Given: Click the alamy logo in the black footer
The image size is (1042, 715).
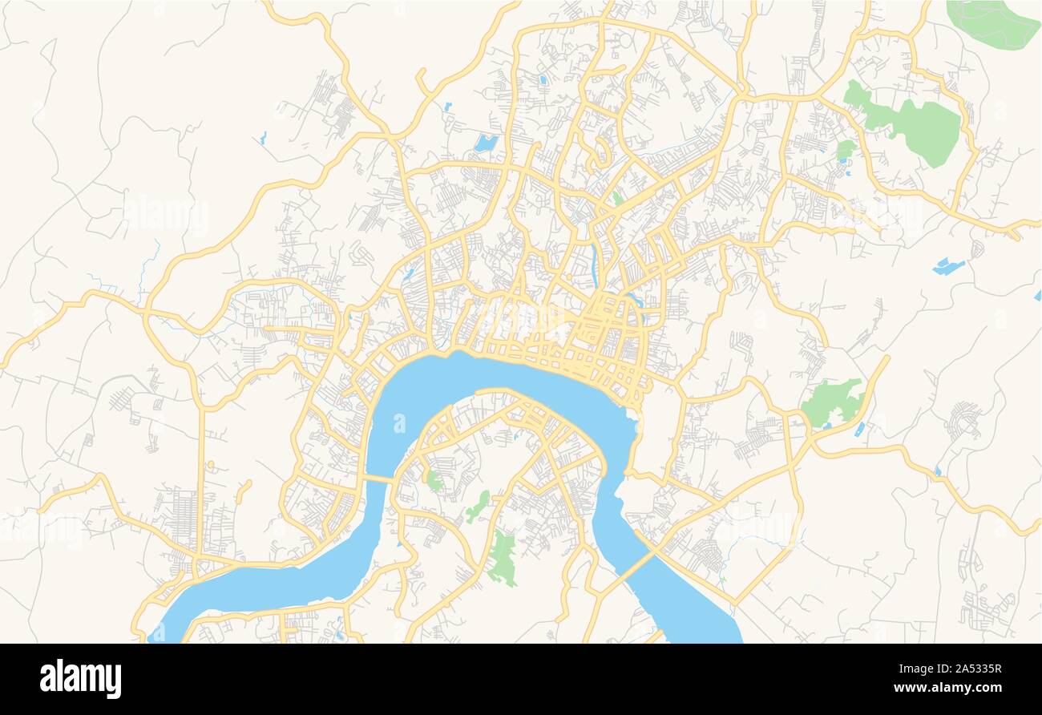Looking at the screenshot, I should [80, 678].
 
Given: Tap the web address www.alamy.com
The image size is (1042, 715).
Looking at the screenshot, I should [958, 687].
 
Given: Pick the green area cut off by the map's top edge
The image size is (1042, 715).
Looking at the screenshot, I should [992, 21].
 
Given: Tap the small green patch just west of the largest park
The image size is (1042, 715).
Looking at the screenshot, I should [845, 150].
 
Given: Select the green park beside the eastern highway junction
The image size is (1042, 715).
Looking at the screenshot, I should [832, 401].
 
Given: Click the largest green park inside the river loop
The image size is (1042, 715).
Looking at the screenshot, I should [503, 557].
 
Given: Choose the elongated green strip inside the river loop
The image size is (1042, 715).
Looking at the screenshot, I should [478, 507].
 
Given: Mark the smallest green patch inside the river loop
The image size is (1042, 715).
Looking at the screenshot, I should [434, 481].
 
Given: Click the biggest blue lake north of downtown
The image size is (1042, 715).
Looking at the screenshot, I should [485, 143].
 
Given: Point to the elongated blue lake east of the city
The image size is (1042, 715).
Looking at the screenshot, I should [948, 266].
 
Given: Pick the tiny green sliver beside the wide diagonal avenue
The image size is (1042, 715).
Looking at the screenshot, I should [616, 197].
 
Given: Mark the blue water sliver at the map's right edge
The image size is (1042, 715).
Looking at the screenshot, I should [1038, 295].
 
